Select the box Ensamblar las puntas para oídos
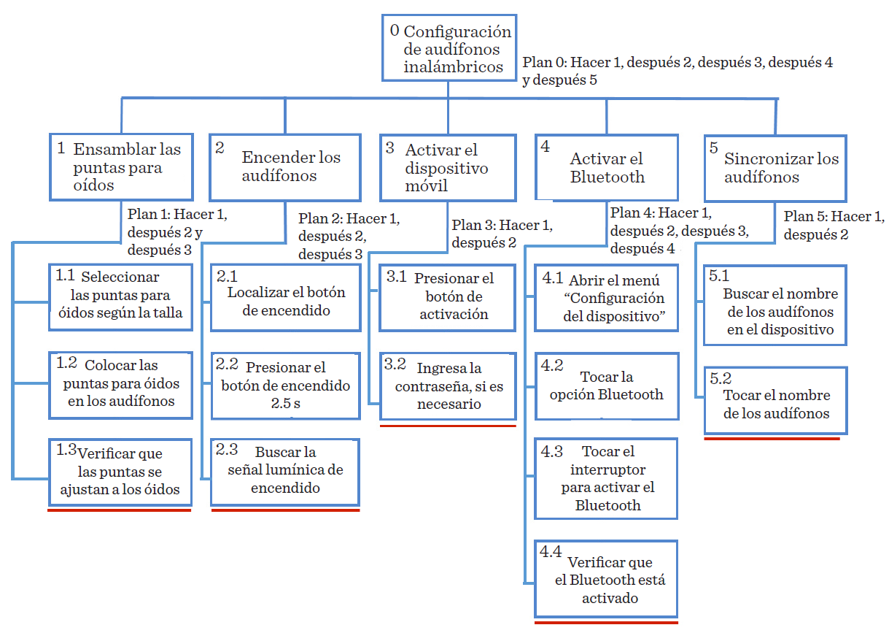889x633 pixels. click(121, 167)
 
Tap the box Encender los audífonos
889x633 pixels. click(285, 167)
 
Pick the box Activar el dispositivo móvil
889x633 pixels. click(447, 167)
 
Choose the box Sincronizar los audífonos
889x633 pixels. click(775, 168)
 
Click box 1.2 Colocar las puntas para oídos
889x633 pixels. click(120, 383)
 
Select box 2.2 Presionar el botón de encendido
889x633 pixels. click(285, 385)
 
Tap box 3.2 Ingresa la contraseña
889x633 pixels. click(448, 386)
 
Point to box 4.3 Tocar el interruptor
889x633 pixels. click(606, 478)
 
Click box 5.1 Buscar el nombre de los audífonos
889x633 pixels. click(775, 304)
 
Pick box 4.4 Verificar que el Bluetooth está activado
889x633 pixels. click(606, 579)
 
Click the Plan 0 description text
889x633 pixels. click(678, 71)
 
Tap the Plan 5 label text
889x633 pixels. click(834, 226)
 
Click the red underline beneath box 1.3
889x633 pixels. click(120, 511)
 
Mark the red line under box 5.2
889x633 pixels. click(772, 439)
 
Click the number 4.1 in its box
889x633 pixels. click(551, 278)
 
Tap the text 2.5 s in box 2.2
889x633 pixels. click(285, 404)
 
